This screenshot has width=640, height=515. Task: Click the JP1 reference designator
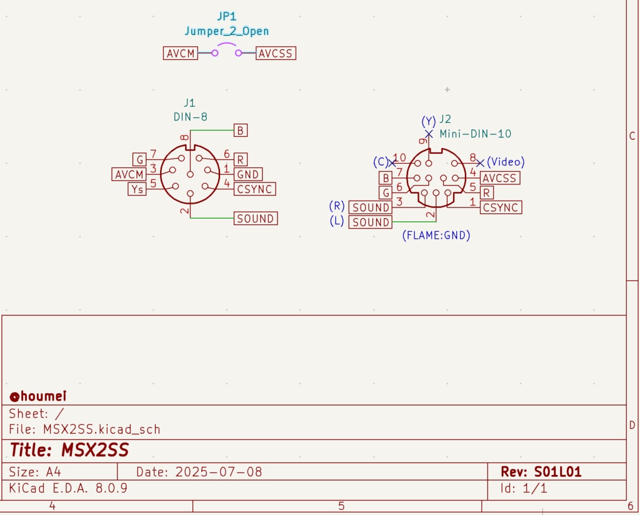226,16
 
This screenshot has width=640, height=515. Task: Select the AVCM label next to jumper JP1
181,53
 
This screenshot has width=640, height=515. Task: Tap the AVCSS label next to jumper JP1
276,53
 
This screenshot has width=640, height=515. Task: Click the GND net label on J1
247,174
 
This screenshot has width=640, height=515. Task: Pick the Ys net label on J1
137,189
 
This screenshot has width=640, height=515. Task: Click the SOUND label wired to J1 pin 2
256,218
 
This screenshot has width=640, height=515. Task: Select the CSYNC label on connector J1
255,189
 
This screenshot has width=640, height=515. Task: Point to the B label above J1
241,130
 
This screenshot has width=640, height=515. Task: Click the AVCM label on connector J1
129,174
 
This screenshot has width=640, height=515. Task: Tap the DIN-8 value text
190,117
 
